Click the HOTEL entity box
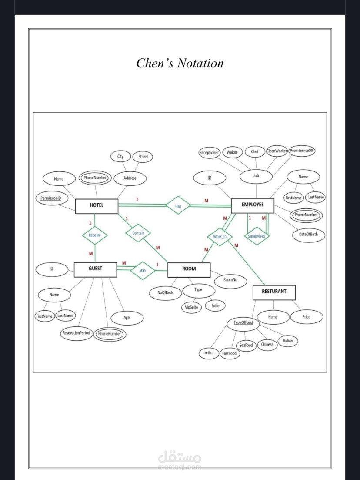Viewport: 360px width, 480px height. (97, 206)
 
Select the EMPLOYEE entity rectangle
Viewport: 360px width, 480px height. (253, 205)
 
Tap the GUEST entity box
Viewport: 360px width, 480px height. (95, 269)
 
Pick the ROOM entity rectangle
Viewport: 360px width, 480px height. (189, 270)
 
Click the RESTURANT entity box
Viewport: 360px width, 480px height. (274, 292)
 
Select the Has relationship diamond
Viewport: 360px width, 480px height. (178, 205)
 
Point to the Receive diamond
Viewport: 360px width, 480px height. (95, 235)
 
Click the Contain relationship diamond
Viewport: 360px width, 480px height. (138, 233)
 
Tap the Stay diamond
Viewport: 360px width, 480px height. (143, 270)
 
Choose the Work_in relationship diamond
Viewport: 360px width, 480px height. (220, 237)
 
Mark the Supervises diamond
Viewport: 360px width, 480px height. (257, 236)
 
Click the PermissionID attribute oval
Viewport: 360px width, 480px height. (51, 198)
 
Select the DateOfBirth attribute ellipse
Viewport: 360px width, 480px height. (308, 235)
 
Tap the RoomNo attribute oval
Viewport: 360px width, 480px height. (230, 280)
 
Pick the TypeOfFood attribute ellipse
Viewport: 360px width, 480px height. (243, 323)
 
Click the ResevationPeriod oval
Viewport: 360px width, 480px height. (76, 333)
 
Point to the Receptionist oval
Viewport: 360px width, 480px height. (210, 152)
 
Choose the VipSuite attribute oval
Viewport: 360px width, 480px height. (191, 307)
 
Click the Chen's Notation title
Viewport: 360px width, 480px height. (180, 64)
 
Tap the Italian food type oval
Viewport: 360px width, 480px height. (288, 341)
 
